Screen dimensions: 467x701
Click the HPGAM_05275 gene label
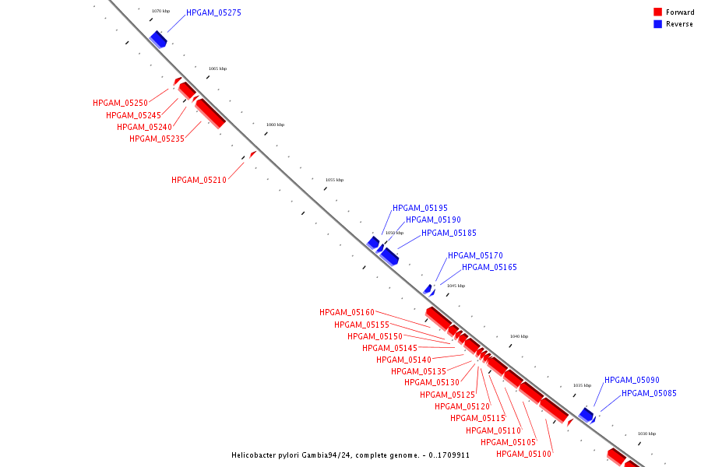(213, 13)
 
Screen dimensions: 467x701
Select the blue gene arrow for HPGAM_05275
(158, 39)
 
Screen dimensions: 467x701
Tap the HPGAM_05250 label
(120, 103)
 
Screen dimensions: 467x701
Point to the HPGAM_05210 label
(199, 180)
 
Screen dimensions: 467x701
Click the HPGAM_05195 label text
(420, 208)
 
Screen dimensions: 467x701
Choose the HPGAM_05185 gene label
(449, 233)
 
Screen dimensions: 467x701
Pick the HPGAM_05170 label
(475, 255)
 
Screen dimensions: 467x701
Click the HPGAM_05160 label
(347, 312)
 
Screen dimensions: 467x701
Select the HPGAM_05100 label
(523, 454)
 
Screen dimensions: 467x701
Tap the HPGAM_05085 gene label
(649, 393)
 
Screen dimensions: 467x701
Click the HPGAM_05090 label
(632, 380)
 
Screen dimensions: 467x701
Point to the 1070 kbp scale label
(160, 11)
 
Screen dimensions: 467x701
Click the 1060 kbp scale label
(275, 125)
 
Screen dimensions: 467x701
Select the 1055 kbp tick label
(334, 180)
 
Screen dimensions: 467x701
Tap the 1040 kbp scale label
(519, 336)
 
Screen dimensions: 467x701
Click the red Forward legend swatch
(657, 12)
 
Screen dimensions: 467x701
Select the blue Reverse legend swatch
(657, 24)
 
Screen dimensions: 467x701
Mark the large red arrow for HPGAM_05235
(210, 113)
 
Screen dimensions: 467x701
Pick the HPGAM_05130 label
(432, 382)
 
